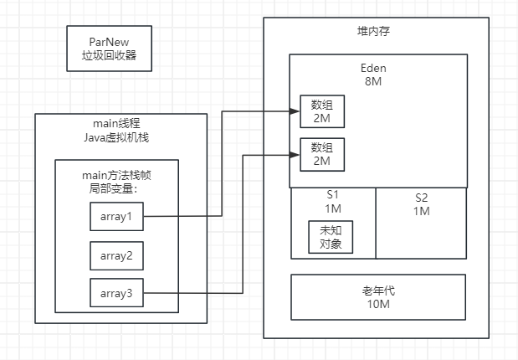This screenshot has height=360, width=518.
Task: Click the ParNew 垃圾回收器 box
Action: pyautogui.click(x=109, y=49)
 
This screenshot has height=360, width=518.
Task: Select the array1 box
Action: pyautogui.click(x=116, y=217)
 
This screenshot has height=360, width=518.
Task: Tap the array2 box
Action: pyautogui.click(x=116, y=255)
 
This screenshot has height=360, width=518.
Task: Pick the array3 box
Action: pyautogui.click(x=116, y=293)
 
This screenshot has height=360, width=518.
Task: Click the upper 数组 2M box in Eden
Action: pyautogui.click(x=322, y=111)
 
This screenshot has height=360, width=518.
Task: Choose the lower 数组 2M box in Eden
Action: pyautogui.click(x=322, y=153)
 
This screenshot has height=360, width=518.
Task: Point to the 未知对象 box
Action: pyautogui.click(x=330, y=238)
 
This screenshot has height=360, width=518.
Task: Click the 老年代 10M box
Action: pyautogui.click(x=378, y=296)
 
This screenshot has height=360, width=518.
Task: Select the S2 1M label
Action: pyautogui.click(x=421, y=204)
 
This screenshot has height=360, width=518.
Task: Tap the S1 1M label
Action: pyautogui.click(x=332, y=201)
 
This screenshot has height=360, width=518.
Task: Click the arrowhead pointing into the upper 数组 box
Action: pyautogui.click(x=295, y=111)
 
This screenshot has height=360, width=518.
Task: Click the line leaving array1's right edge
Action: pyautogui.click(x=180, y=217)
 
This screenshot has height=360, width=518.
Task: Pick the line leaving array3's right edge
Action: pyautogui.click(x=192, y=293)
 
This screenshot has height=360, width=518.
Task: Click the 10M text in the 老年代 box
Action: pyautogui.click(x=378, y=304)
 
